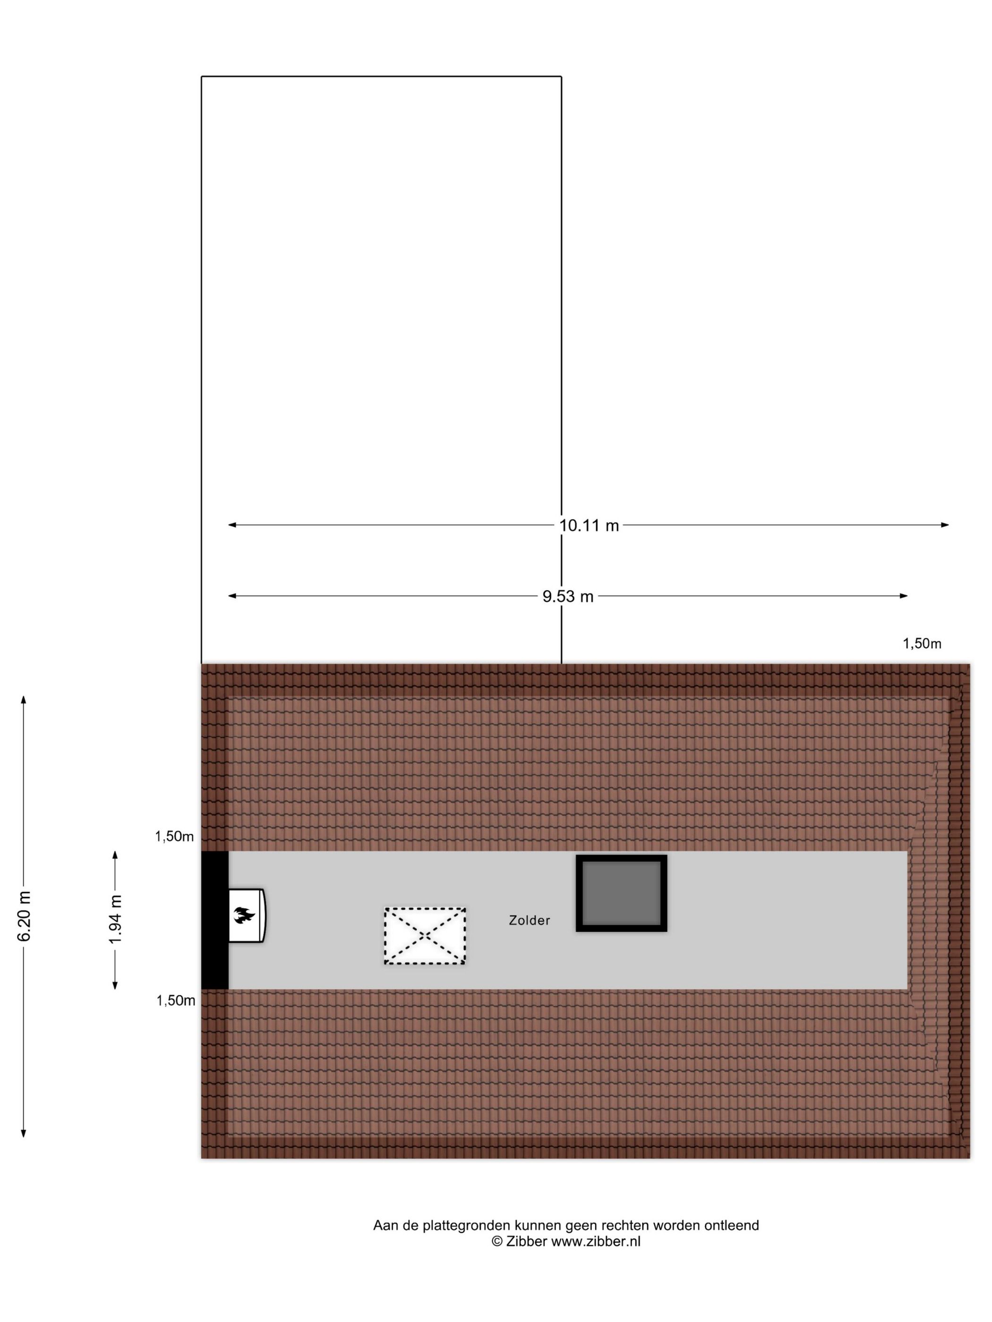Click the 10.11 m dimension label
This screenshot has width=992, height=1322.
point(589,525)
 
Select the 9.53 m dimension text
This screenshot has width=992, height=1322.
point(567,596)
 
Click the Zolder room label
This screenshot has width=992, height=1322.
point(529,920)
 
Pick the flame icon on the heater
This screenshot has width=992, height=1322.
point(244,915)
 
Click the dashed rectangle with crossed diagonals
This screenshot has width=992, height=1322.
point(425,936)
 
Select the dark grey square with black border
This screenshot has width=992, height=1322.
point(621,893)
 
